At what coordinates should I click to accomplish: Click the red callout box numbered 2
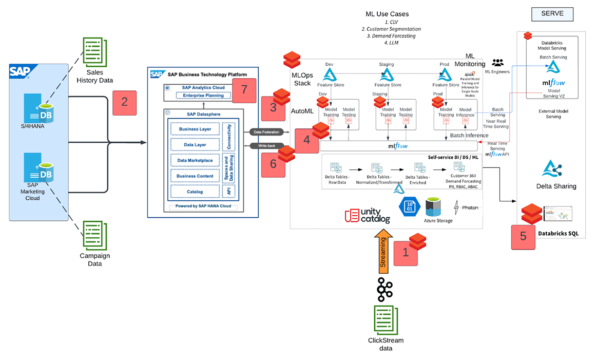pos(124,101)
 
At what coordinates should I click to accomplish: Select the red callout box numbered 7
pos(244,89)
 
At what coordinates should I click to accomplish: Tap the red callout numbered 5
pos(523,236)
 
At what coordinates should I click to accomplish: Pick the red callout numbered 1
pos(406,252)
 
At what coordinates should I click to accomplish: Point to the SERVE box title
pos(552,14)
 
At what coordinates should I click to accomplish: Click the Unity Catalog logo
pos(368,216)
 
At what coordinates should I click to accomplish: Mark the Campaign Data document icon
pos(94,236)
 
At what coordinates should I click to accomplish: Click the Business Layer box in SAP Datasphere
pos(195,129)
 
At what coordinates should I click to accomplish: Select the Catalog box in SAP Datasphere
pos(195,192)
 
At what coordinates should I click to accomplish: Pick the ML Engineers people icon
pos(497,63)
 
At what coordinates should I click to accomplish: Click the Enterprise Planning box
pos(201,95)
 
